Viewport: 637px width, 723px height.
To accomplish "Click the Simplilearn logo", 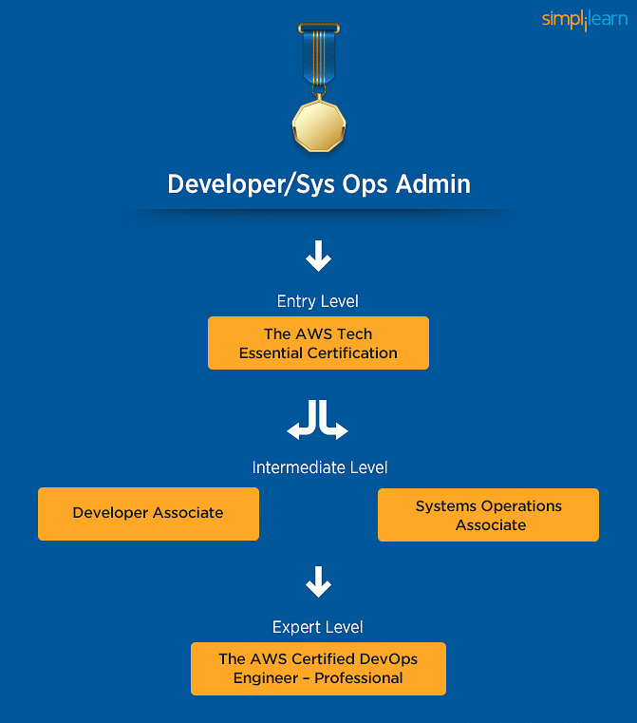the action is [x=585, y=20].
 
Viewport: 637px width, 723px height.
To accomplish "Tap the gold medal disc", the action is [x=319, y=125].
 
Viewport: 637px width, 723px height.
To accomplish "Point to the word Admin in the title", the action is [x=433, y=184].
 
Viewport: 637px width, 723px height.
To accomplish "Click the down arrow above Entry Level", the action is [x=318, y=256].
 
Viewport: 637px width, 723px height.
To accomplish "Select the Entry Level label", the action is [x=318, y=301].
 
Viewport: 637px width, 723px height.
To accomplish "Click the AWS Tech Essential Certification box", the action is [x=318, y=343].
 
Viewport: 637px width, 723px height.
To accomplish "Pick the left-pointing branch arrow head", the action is [x=293, y=430].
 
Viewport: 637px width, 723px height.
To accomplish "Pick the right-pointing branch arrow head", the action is [x=342, y=430].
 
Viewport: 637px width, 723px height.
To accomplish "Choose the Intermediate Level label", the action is [x=320, y=467].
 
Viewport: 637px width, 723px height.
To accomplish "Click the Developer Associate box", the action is [x=148, y=514].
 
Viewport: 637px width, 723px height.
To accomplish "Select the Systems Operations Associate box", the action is [x=488, y=515].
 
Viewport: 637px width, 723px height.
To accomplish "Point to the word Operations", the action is [x=521, y=506].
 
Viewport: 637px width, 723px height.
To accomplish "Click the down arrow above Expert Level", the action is [x=318, y=581].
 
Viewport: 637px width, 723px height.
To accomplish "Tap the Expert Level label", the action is [x=318, y=628].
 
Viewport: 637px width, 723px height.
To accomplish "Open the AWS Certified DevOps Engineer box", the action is [x=318, y=669].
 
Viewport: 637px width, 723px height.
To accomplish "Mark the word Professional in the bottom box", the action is [x=358, y=677].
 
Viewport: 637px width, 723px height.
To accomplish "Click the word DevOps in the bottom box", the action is [x=388, y=659].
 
